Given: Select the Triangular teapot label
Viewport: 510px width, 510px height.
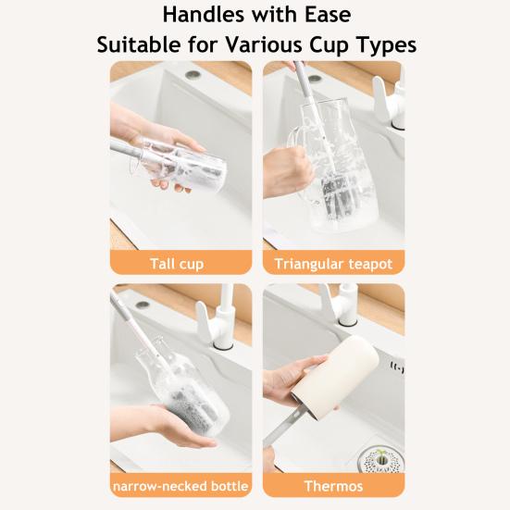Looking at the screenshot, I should pos(333,264).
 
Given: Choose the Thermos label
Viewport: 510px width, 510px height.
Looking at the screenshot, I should pos(333,486).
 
